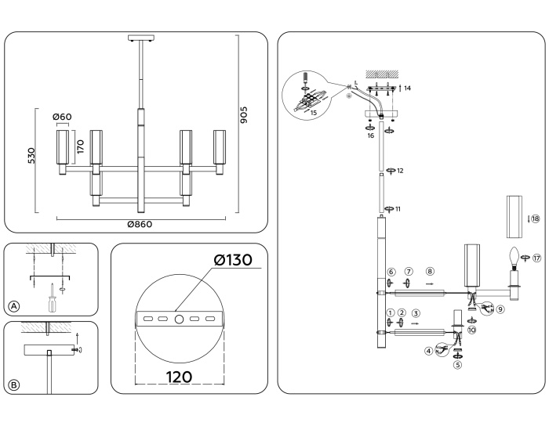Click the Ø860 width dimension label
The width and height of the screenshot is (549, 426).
point(140,224)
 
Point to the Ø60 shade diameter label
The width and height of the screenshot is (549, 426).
point(63,117)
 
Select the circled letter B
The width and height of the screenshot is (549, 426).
point(13,384)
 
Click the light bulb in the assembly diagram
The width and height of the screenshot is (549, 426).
point(514,256)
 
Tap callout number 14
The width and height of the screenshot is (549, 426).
point(407,88)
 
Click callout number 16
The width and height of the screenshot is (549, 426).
point(371,135)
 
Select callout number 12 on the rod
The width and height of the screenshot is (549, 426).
point(400,170)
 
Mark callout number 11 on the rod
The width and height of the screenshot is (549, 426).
point(398,209)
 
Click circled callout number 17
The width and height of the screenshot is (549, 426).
point(537,258)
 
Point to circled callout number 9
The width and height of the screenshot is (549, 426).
point(500,309)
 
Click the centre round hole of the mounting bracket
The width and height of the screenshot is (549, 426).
point(179,319)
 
